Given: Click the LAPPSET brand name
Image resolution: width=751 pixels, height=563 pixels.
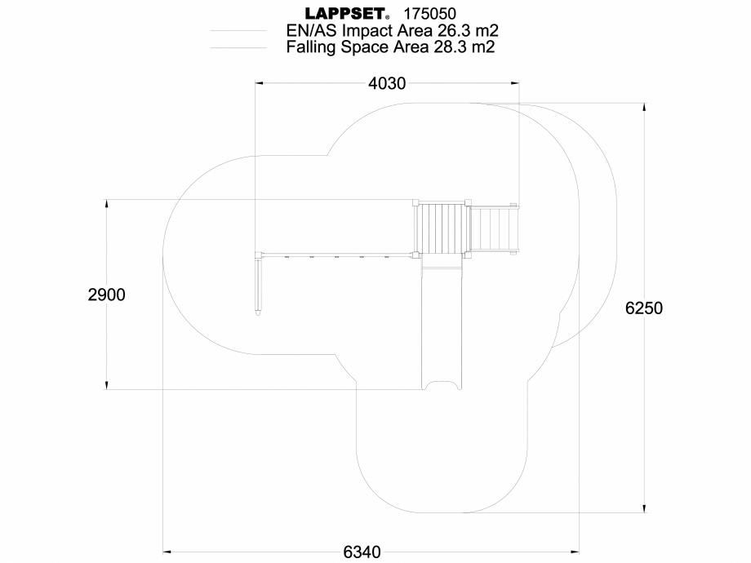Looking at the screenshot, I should pyautogui.click(x=346, y=14).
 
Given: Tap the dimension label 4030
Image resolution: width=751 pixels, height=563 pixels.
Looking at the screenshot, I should pyautogui.click(x=387, y=83).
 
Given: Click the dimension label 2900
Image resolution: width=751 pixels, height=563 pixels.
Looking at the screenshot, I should pyautogui.click(x=106, y=295).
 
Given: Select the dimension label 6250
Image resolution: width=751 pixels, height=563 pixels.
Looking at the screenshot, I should pyautogui.click(x=645, y=308).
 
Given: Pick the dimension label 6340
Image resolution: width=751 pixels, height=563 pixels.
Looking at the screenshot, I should pyautogui.click(x=361, y=552).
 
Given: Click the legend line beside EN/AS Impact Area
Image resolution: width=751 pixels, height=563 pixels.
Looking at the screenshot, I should pyautogui.click(x=238, y=31).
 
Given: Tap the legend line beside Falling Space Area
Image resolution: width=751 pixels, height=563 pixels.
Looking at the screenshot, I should pyautogui.click(x=238, y=48).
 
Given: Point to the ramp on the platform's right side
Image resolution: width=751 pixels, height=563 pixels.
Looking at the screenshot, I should pyautogui.click(x=495, y=229).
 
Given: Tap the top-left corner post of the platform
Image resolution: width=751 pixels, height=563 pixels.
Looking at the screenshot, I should pyautogui.click(x=415, y=202).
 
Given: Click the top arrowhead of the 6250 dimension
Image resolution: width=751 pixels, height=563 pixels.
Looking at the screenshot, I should pyautogui.click(x=645, y=109).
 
